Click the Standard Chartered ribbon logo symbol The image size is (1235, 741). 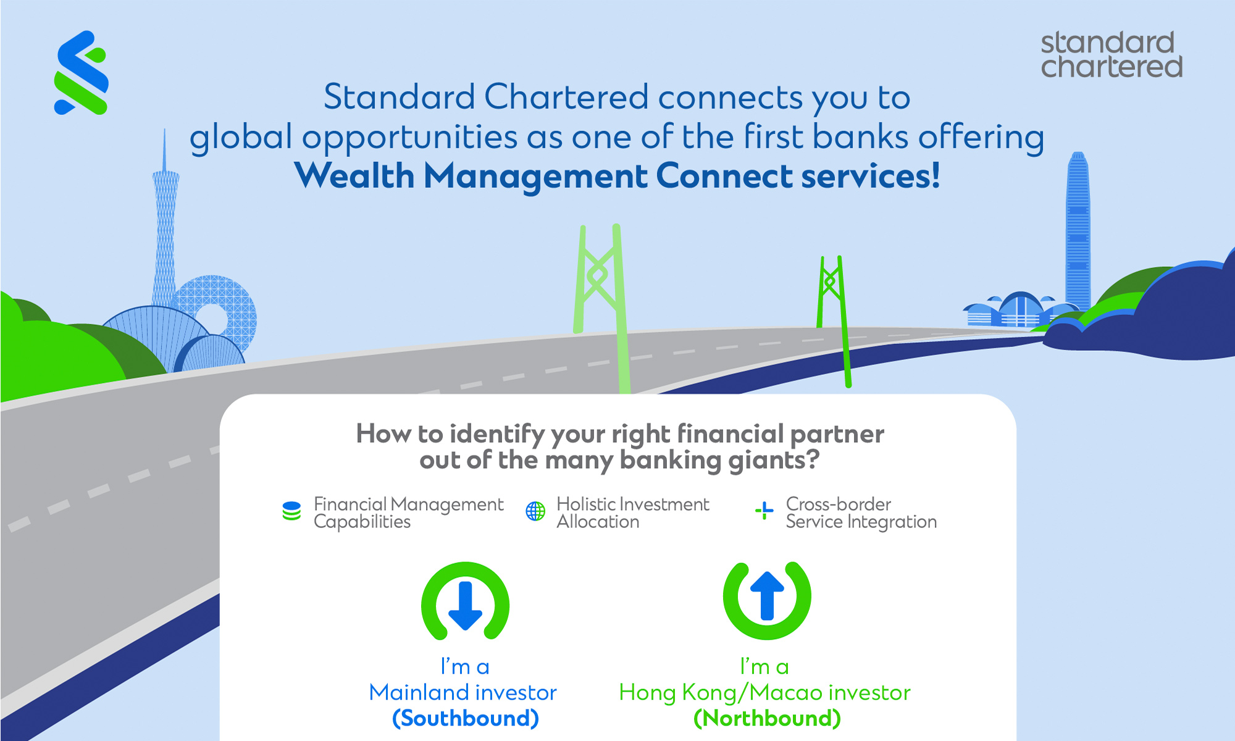(x=82, y=73)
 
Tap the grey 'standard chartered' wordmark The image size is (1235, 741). (x=1111, y=54)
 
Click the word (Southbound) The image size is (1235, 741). (x=466, y=718)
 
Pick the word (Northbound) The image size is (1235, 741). (x=767, y=718)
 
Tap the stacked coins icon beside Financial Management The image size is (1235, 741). (x=291, y=511)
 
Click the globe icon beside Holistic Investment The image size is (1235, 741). (x=535, y=511)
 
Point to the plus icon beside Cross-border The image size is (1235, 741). (x=764, y=511)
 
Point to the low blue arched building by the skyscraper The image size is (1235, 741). (x=1019, y=310)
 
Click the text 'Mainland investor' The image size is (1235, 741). (x=463, y=692)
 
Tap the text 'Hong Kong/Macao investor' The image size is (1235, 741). (x=765, y=693)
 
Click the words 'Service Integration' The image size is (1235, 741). (x=861, y=522)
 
